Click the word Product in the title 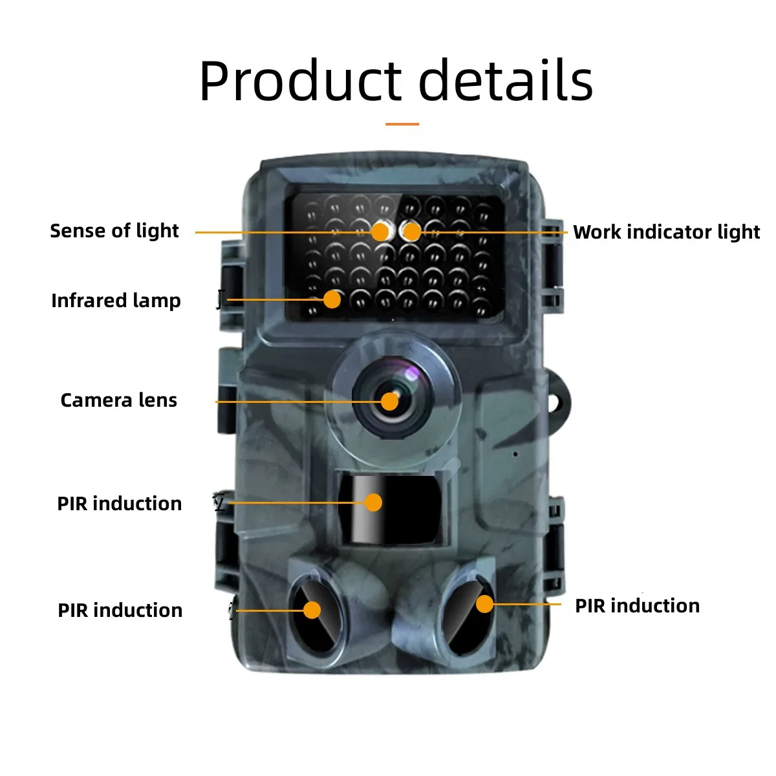(x=299, y=81)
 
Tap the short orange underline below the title (x=402, y=124)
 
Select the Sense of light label (x=114, y=231)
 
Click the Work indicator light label (x=666, y=232)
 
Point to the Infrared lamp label (x=116, y=301)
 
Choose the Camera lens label (x=118, y=400)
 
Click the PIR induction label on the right (x=637, y=606)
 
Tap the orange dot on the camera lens (x=389, y=401)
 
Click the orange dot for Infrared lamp (x=332, y=299)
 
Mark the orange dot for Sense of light (x=380, y=232)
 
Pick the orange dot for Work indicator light (x=411, y=231)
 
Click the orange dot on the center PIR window (x=373, y=502)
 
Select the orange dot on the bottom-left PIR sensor (x=312, y=610)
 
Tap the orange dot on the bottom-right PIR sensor (x=484, y=604)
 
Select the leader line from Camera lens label (x=291, y=402)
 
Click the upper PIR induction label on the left (x=120, y=504)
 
